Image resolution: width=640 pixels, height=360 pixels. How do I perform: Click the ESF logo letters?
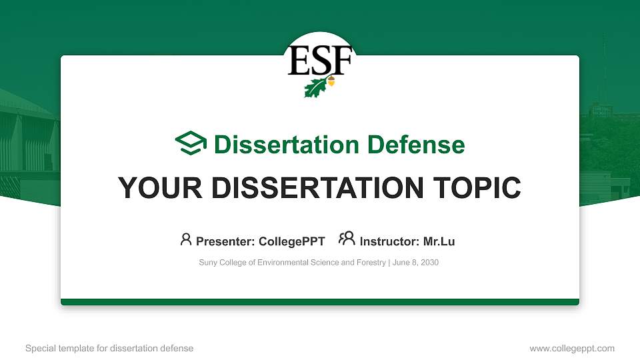tap(319, 61)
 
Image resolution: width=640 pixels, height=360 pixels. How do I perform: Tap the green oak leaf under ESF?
tap(315, 87)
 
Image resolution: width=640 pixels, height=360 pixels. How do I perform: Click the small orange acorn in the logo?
tap(331, 83)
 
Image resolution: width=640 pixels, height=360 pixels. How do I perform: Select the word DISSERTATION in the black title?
tap(317, 188)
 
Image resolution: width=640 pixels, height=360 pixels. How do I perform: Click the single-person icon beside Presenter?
tap(186, 239)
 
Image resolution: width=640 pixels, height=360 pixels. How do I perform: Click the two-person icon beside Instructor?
tap(347, 239)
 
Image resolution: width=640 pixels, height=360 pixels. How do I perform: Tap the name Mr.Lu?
tap(439, 241)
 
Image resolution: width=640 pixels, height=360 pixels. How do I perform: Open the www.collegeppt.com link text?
tap(572, 348)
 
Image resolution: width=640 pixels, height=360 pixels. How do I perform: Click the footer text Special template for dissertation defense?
tap(109, 348)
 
